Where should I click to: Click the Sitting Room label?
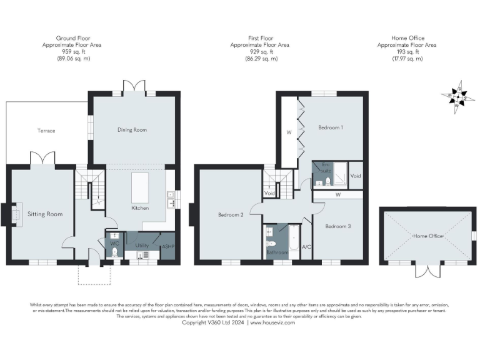coord(45,214)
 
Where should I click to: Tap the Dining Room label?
coord(132,129)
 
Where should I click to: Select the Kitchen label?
coord(139,207)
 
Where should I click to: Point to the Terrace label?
coord(46,131)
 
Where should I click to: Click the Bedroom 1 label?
coord(331,127)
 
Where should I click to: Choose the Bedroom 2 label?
coord(231,214)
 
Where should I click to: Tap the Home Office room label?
coord(427,236)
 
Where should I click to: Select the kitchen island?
coord(140,187)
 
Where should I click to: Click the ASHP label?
coord(168,246)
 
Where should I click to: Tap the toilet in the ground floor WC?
coord(114,252)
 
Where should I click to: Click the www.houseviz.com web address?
coord(272,322)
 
